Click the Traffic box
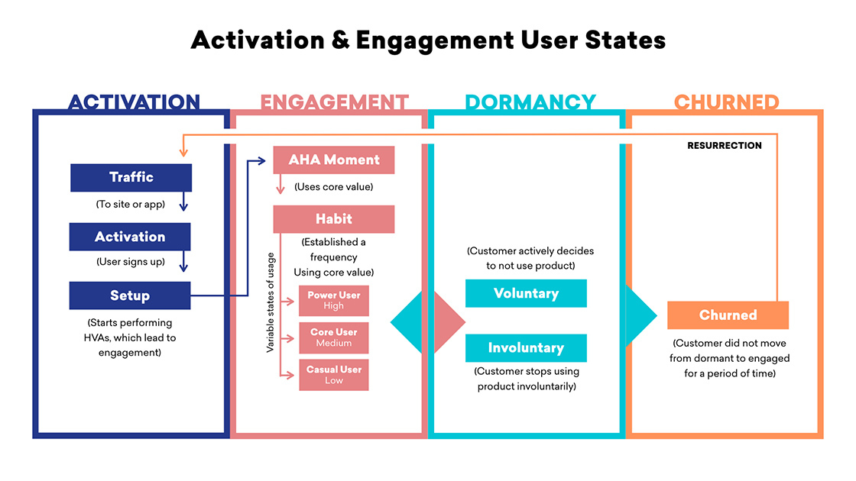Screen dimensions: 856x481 [x=131, y=178]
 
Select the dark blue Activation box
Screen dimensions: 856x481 [x=130, y=237]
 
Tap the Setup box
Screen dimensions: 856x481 [x=130, y=295]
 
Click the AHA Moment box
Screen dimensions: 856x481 [x=333, y=160]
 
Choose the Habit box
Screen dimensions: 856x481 [x=333, y=219]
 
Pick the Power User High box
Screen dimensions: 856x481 [x=333, y=301]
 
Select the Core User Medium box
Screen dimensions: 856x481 [x=333, y=337]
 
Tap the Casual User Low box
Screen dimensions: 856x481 [x=333, y=375]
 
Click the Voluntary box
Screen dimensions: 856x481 [x=526, y=293]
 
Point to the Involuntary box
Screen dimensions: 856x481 [x=526, y=348]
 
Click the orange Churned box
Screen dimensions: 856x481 [x=728, y=315]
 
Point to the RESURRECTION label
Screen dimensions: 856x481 [x=725, y=146]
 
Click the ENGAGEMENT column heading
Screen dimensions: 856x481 [x=334, y=102]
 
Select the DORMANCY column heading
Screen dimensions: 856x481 [x=530, y=102]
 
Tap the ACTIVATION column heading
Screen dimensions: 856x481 [x=134, y=102]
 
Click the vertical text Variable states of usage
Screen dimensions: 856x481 [x=271, y=302]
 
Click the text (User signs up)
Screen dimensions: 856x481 [x=131, y=262]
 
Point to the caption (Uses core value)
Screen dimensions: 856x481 [x=333, y=187]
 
